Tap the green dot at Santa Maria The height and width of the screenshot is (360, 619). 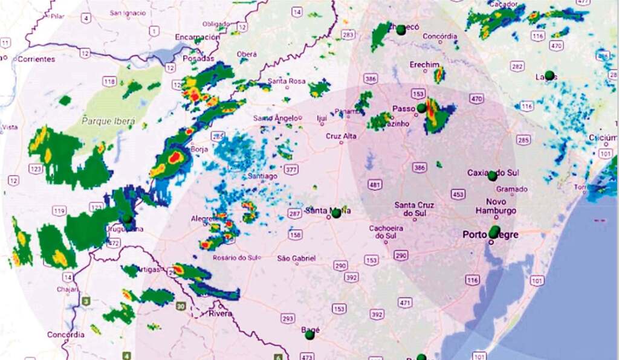pyautogui.click(x=336, y=213)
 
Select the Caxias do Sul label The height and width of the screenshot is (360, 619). pyautogui.click(x=493, y=173)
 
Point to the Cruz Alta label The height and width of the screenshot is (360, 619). pyautogui.click(x=341, y=136)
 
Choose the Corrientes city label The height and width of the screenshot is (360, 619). pyautogui.click(x=36, y=59)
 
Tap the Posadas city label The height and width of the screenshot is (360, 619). pyautogui.click(x=197, y=59)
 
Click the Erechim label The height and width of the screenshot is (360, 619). pyautogui.click(x=424, y=65)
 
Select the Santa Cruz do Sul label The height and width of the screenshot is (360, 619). pyautogui.click(x=413, y=209)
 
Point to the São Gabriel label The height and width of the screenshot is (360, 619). pyautogui.click(x=296, y=259)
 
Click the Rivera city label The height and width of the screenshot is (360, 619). pyautogui.click(x=220, y=313)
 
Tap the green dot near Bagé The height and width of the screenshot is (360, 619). pyautogui.click(x=309, y=334)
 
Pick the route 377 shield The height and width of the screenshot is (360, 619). pyautogui.click(x=291, y=169)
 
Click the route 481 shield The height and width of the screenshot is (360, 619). pyautogui.click(x=375, y=184)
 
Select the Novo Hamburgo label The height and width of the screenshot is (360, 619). pyautogui.click(x=501, y=206)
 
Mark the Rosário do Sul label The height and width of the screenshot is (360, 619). pyautogui.click(x=237, y=258)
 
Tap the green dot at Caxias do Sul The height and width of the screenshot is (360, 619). pyautogui.click(x=492, y=176)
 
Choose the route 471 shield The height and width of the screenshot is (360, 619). pyautogui.click(x=405, y=302)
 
